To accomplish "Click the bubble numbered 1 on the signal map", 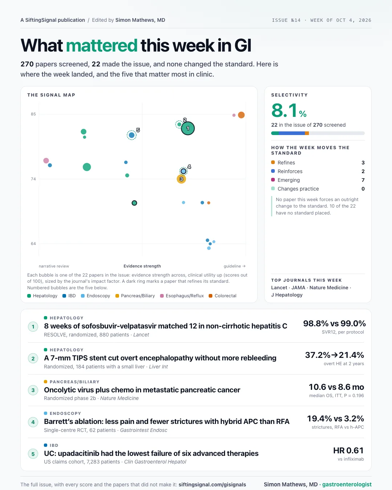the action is click(x=188, y=128).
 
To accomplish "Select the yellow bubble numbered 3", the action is click(x=181, y=179).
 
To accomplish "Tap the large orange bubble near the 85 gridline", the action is click(x=241, y=115).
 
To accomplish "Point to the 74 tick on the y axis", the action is click(x=33, y=179).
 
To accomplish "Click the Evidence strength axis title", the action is click(x=142, y=266).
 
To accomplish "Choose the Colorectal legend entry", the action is click(x=222, y=295).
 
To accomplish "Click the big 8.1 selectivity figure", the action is click(x=284, y=110).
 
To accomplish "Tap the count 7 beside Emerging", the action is click(x=363, y=180).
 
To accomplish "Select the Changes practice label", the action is click(x=298, y=189).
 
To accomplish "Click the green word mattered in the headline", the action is click(x=102, y=45).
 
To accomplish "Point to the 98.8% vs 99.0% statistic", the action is click(x=334, y=323).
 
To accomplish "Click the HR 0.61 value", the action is click(x=348, y=450).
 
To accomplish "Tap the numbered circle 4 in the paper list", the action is click(x=33, y=422).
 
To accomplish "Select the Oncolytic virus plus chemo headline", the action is click(x=142, y=390).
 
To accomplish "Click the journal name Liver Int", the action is click(x=158, y=367).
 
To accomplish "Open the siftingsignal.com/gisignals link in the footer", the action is click(x=212, y=485).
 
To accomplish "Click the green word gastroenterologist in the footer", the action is click(x=347, y=484).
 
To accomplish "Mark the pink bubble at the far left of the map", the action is click(x=46, y=160).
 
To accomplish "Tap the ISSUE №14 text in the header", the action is click(x=286, y=20).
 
